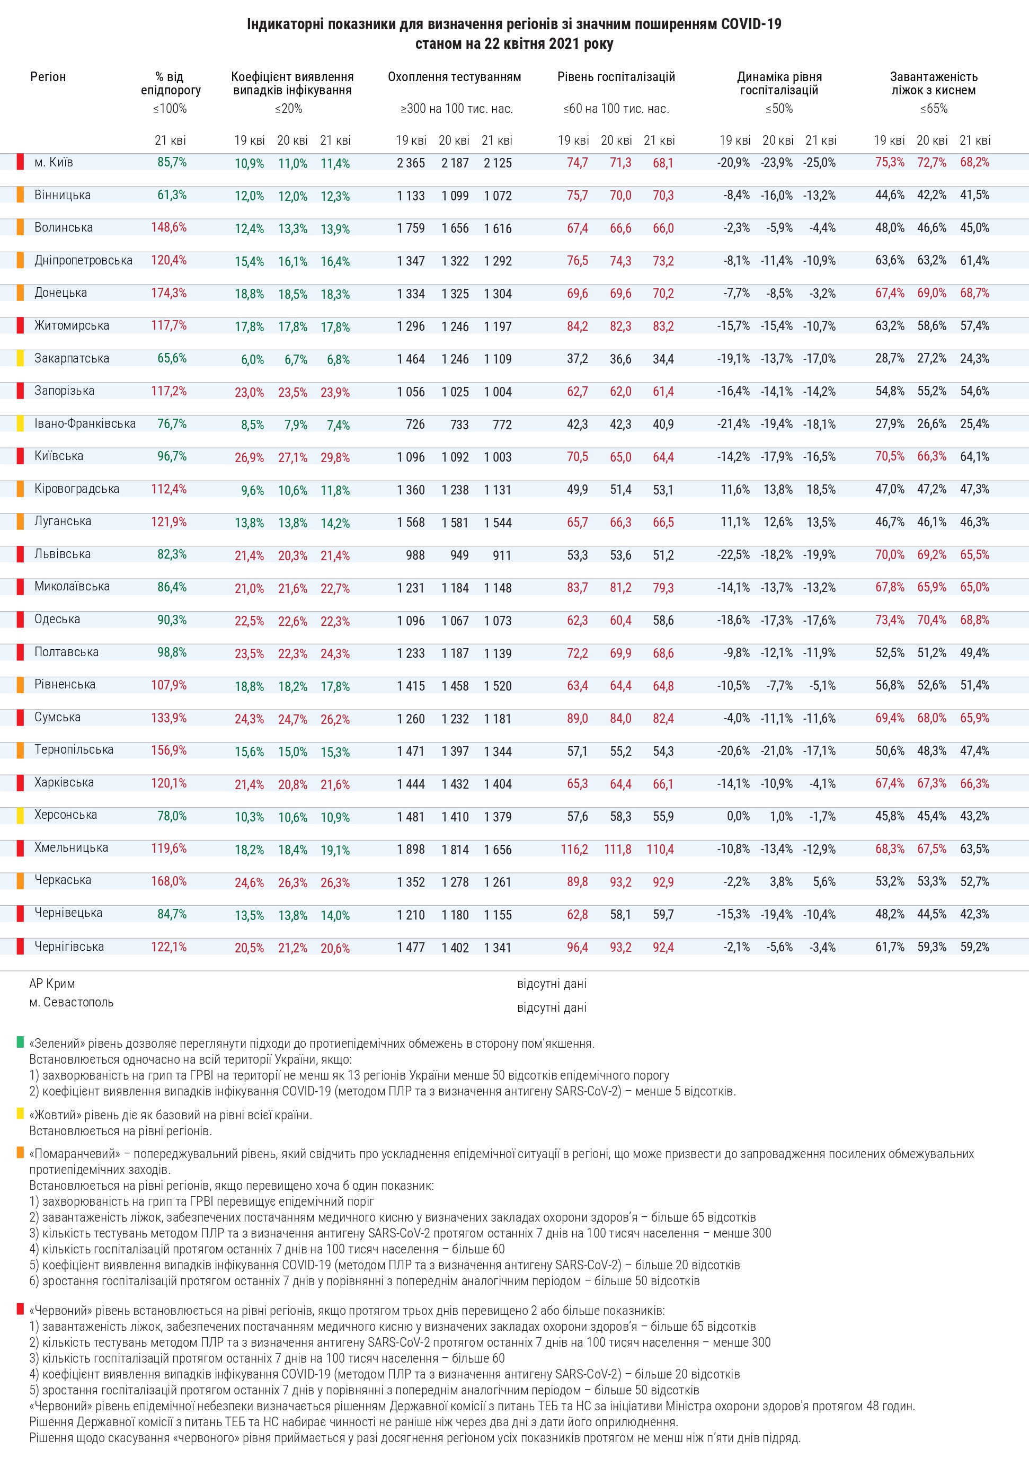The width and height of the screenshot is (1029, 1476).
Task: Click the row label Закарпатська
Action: [x=72, y=358]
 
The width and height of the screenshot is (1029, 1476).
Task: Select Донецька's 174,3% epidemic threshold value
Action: [x=168, y=293]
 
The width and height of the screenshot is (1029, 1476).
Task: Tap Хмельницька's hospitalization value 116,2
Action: [x=574, y=849]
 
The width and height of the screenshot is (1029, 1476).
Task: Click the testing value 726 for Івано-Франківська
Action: [x=415, y=425]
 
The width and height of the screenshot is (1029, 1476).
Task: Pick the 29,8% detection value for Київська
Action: [x=335, y=458]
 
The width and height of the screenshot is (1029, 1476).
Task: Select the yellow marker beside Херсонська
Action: [x=21, y=815]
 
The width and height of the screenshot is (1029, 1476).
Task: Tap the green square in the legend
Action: [x=20, y=1042]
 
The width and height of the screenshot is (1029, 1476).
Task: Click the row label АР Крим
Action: [x=52, y=984]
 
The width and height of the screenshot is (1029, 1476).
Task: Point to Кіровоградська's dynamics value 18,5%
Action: [x=821, y=489]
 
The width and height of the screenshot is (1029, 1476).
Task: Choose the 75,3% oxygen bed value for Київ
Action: [x=890, y=162]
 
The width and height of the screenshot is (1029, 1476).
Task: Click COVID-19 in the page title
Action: [x=751, y=24]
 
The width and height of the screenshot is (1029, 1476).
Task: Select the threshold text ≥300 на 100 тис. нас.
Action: [x=456, y=109]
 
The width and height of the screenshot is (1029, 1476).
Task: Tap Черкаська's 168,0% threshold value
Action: [x=168, y=881]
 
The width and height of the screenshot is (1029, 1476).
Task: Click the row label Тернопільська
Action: [x=74, y=749]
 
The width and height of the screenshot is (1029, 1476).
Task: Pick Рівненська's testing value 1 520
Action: [x=498, y=686]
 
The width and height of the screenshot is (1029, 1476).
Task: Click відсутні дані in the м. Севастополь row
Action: [x=552, y=1007]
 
